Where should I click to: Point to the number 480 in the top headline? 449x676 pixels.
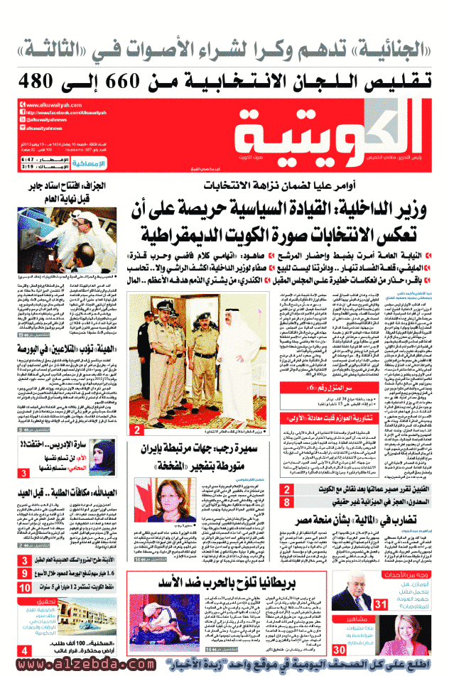pyautogui.click(x=38, y=79)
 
